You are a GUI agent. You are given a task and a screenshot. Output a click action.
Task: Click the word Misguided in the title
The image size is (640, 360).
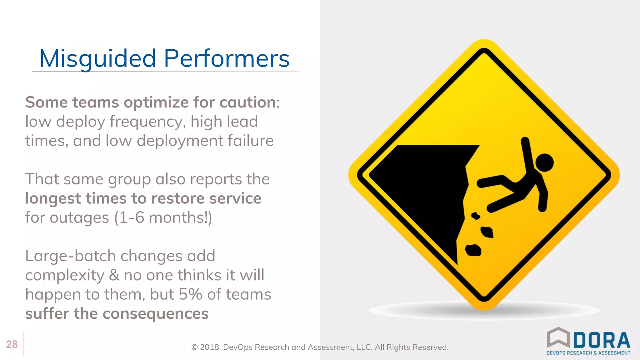tap(97, 59)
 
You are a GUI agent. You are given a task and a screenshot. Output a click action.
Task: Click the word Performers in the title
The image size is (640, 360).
tap(227, 59)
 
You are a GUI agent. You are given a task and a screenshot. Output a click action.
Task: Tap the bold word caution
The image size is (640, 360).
tap(247, 102)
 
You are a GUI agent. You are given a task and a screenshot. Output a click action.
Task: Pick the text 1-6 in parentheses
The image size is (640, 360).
tap(132, 217)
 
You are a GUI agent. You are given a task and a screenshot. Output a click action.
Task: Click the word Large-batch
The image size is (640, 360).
tap(71, 256)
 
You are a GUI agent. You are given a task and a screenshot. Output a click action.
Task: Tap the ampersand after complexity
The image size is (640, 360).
tap(114, 275)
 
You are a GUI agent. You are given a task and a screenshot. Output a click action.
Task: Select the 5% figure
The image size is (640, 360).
tap(190, 294)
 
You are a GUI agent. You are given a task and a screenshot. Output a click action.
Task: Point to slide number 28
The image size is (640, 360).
tap(12, 344)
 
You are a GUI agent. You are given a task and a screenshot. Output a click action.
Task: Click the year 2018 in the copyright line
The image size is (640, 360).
tap(210, 347)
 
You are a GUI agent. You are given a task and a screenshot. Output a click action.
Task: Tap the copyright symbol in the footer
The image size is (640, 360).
tap(194, 347)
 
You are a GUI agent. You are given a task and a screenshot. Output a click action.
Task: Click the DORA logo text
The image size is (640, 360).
tap(602, 340)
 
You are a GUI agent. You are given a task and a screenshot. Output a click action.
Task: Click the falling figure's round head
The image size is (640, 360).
tap(544, 162)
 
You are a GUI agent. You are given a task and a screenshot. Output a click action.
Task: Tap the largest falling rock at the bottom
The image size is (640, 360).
tap(473, 250)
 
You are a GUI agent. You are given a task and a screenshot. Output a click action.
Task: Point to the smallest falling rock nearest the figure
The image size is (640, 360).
tap(476, 216)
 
